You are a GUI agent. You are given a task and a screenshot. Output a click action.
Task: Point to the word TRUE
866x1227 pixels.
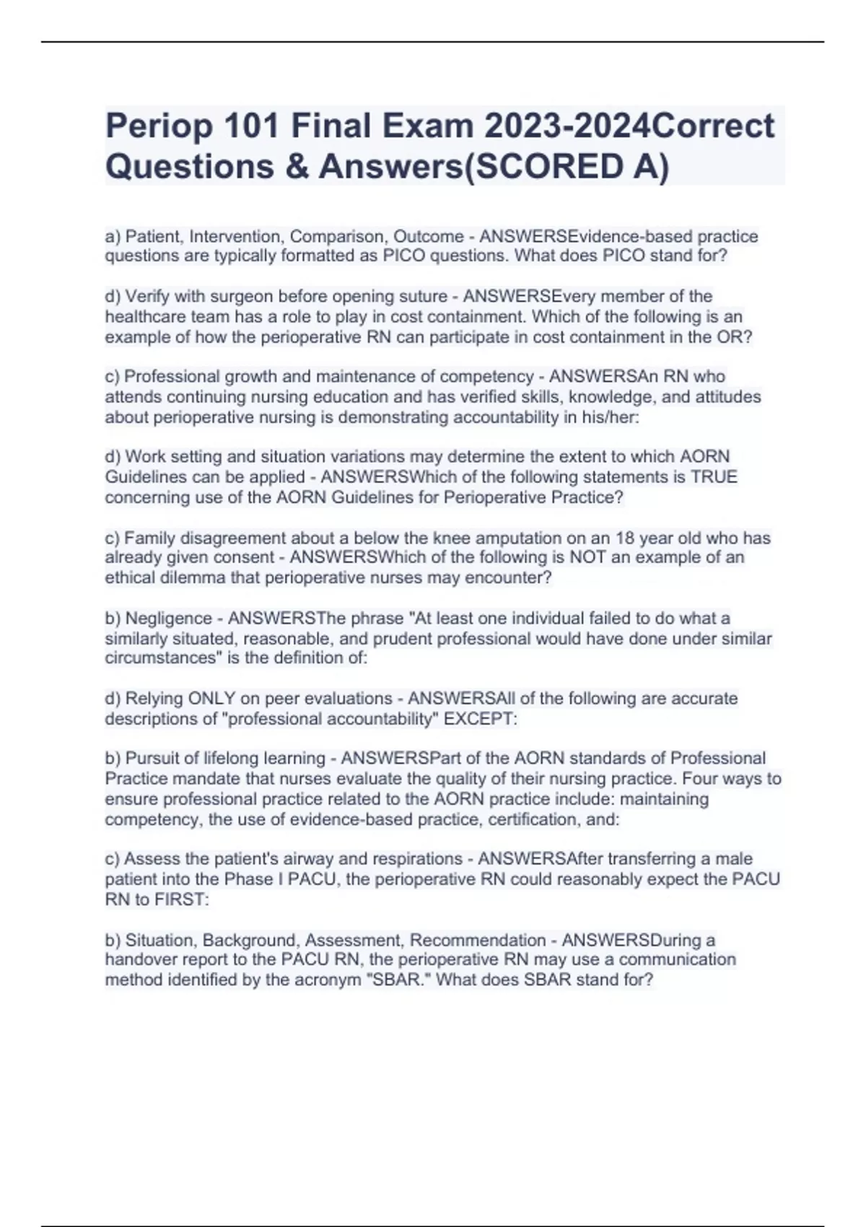click(x=714, y=477)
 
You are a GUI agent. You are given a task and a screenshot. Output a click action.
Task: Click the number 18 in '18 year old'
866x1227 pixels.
click(x=624, y=538)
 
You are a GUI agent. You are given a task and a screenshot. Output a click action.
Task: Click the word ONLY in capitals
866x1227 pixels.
click(x=211, y=699)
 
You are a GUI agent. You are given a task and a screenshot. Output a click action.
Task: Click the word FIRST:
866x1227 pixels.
click(x=181, y=900)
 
